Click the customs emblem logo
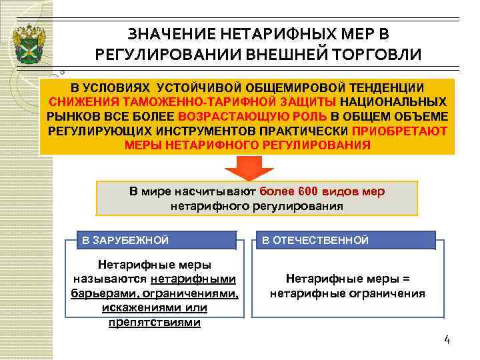(x=29, y=41)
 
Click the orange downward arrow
(x=247, y=167)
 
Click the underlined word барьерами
(x=97, y=293)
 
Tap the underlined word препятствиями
(x=154, y=322)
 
